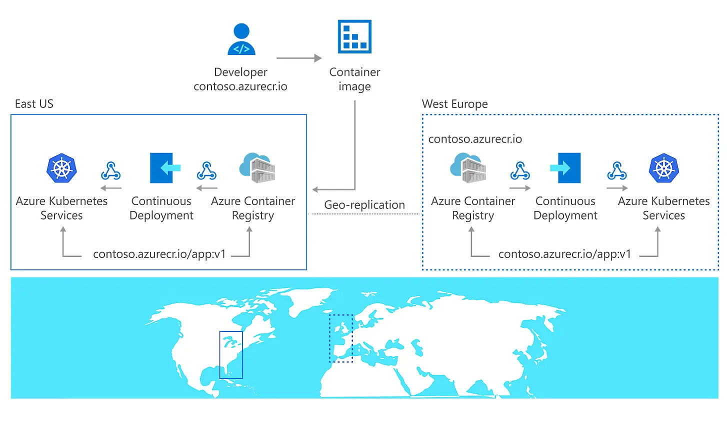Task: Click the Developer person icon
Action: [x=241, y=39]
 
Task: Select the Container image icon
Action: [x=354, y=36]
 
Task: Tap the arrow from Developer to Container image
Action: [x=298, y=58]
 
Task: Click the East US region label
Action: [x=34, y=104]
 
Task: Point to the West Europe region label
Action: [x=454, y=104]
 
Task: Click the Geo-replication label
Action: [x=364, y=205]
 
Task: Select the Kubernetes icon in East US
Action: [x=61, y=168]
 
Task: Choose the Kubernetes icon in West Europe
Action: [x=663, y=168]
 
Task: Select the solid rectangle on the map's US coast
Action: [x=231, y=354]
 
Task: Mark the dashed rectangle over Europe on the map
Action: [x=341, y=338]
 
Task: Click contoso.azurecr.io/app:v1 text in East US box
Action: [x=159, y=254]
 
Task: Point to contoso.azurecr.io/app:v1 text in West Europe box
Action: [x=564, y=254]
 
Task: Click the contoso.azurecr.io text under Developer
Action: [x=240, y=86]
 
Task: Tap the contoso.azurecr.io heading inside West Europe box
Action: [x=475, y=139]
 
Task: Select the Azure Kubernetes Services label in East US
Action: [x=61, y=208]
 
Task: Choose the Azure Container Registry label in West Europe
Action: [x=473, y=208]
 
